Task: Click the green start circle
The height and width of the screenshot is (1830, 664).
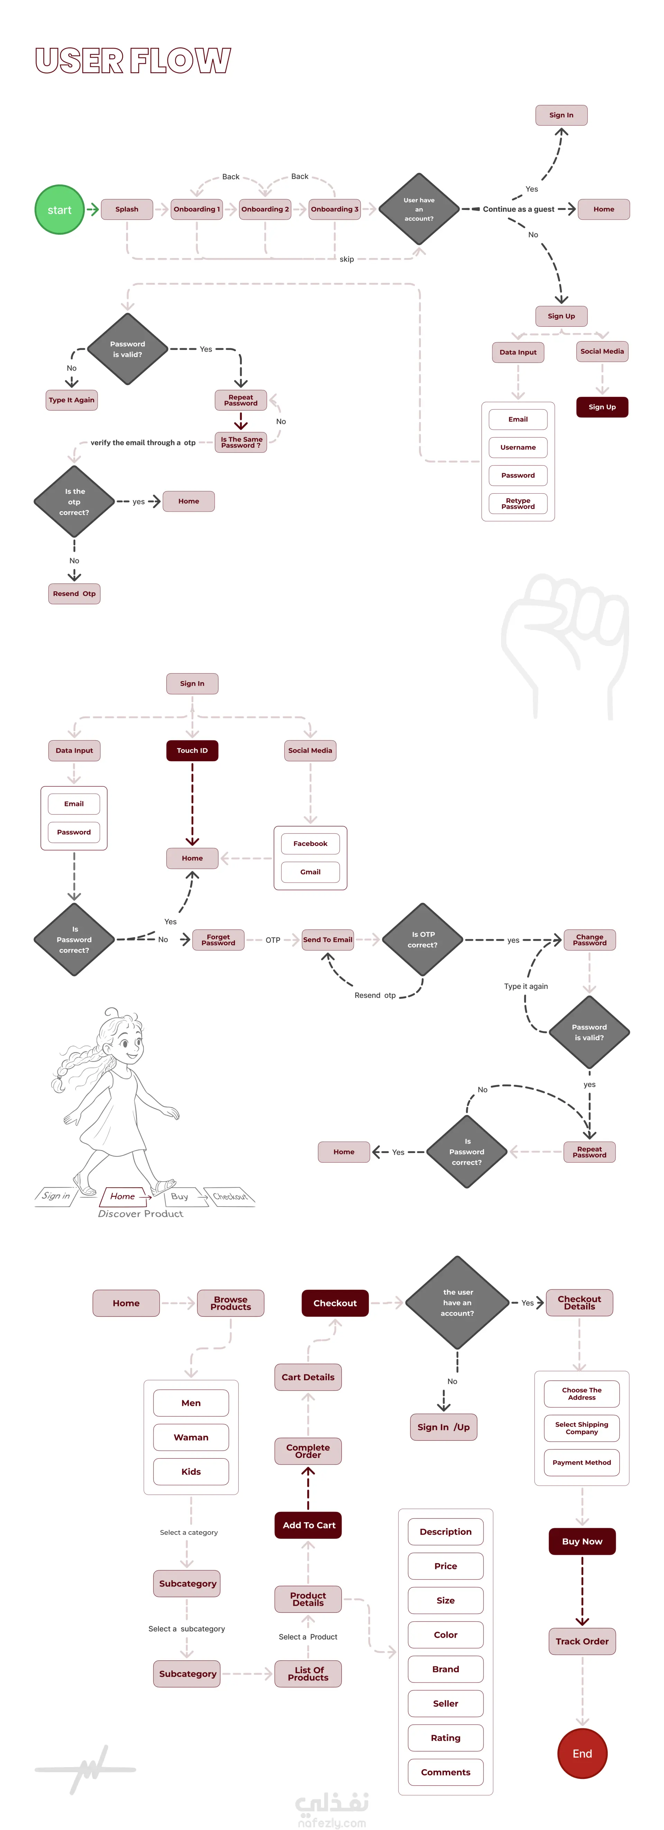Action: coord(60,210)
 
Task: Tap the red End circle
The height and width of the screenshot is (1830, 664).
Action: coord(582,1753)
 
